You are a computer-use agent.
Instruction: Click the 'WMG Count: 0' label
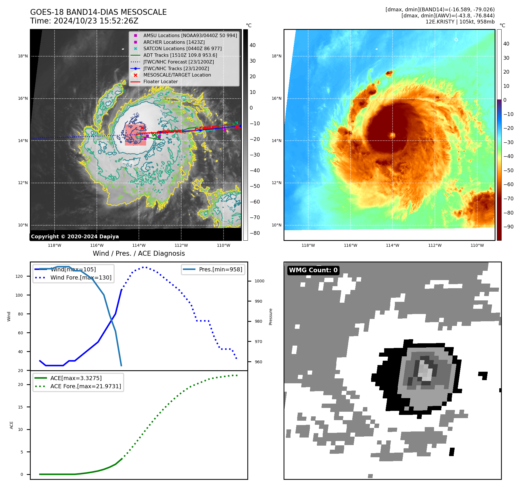pyautogui.click(x=313, y=270)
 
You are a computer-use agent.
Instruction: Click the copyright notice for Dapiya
pyautogui.click(x=75, y=237)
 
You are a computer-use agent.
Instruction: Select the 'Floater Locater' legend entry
pyautogui.click(x=160, y=82)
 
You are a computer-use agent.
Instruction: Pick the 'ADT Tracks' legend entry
pyautogui.click(x=180, y=55)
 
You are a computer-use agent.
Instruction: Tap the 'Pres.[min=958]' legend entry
pyautogui.click(x=220, y=269)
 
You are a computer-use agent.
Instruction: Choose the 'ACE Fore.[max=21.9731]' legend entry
pyautogui.click(x=86, y=386)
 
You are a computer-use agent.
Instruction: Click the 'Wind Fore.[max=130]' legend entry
pyautogui.click(x=81, y=277)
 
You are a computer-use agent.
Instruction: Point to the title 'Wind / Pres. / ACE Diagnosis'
pyautogui.click(x=139, y=253)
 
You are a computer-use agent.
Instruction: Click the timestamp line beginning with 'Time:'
pyautogui.click(x=84, y=21)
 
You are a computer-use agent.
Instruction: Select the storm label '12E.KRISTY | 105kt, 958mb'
pyautogui.click(x=460, y=22)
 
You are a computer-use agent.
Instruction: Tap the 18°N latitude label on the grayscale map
pyautogui.click(x=23, y=56)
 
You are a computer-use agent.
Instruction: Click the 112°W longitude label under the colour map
pyautogui.click(x=435, y=245)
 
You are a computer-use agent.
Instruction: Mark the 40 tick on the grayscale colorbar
pyautogui.click(x=253, y=45)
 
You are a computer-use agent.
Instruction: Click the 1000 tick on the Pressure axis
pyautogui.click(x=259, y=281)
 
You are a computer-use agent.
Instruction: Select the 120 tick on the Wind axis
pyautogui.click(x=19, y=276)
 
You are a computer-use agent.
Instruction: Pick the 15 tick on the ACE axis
pyautogui.click(x=20, y=407)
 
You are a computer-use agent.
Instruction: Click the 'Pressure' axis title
pyautogui.click(x=271, y=317)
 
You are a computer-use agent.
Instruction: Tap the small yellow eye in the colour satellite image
pyautogui.click(x=393, y=135)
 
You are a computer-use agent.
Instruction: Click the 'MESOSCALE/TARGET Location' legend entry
pyautogui.click(x=177, y=75)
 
